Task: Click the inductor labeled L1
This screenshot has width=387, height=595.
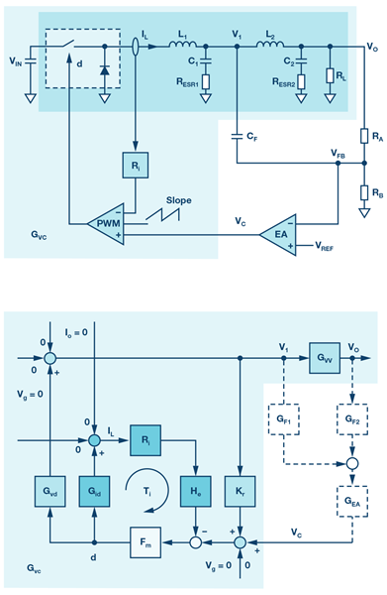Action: [183, 45]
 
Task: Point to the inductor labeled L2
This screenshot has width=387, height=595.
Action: [269, 45]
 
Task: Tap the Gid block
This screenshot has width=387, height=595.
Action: [94, 492]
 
